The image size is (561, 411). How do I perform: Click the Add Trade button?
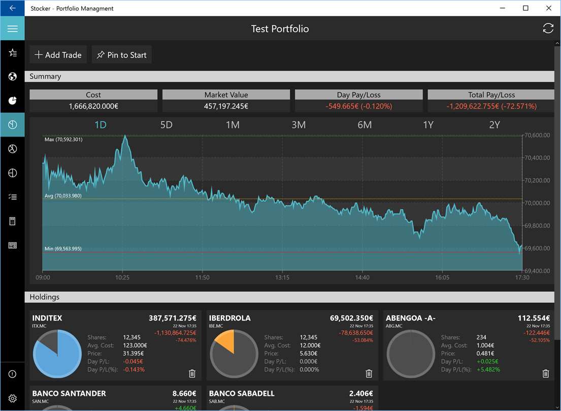(58, 55)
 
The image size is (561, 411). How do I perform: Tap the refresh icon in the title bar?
(548, 28)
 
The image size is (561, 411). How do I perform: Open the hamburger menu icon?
(12, 28)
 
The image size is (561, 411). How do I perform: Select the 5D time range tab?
(167, 125)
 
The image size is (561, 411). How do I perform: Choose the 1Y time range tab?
(428, 125)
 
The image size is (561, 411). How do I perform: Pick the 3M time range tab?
(299, 125)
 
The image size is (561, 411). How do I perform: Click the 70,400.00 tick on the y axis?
(537, 158)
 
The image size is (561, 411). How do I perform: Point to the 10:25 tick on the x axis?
(122, 278)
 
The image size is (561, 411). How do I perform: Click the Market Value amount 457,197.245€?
(226, 106)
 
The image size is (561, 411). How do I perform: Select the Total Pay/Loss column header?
(491, 95)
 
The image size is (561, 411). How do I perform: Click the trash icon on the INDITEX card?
(192, 373)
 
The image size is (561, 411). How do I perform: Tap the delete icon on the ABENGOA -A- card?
(546, 373)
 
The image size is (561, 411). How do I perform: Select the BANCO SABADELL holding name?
(242, 393)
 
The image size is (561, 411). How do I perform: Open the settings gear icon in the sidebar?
(12, 398)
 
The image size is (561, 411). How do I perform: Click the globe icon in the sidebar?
(12, 77)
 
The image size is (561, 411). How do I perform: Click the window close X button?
(549, 8)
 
